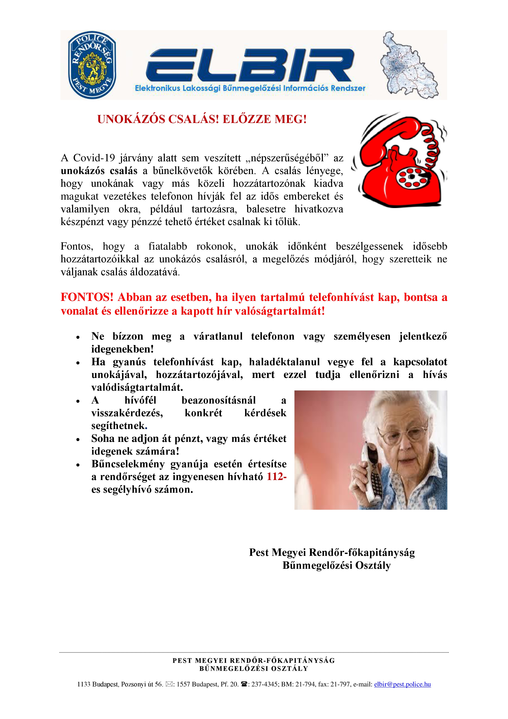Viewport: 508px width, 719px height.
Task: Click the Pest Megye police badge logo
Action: [92, 65]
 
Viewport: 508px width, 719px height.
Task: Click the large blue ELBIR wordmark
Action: [250, 65]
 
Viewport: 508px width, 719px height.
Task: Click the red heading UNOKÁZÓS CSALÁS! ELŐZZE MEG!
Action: [202, 119]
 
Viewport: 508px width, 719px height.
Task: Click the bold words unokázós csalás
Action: [99, 171]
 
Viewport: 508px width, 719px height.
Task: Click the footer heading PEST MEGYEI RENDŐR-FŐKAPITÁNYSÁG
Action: [254, 660]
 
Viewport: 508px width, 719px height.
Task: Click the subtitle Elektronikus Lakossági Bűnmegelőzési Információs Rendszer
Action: [250, 88]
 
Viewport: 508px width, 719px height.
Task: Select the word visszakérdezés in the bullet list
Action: [127, 413]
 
